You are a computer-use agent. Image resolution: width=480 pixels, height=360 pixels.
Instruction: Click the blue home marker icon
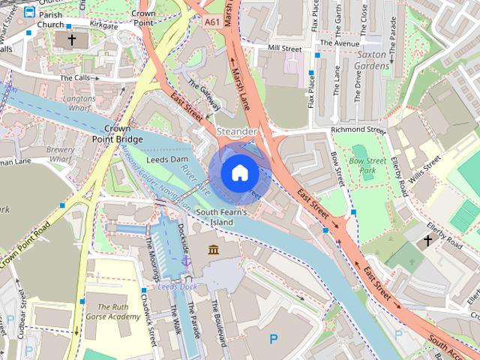[x=239, y=172]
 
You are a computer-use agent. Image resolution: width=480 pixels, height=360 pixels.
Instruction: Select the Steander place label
[x=237, y=131]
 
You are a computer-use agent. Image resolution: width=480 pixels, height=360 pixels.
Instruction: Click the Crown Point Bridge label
[x=118, y=133]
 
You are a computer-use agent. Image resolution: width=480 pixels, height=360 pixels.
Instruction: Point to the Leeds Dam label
[x=167, y=160]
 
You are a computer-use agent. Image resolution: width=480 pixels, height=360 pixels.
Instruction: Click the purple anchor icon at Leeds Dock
[x=185, y=260]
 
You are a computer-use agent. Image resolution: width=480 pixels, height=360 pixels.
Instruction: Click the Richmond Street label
[x=358, y=130]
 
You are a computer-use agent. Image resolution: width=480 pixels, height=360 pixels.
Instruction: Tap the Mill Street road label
[x=284, y=49]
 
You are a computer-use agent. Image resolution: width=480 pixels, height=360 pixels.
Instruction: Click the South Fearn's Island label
[x=221, y=217]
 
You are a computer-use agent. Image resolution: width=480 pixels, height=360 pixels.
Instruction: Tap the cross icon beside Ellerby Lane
[x=428, y=241]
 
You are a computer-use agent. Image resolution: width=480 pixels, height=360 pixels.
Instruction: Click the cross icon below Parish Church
[x=72, y=38]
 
